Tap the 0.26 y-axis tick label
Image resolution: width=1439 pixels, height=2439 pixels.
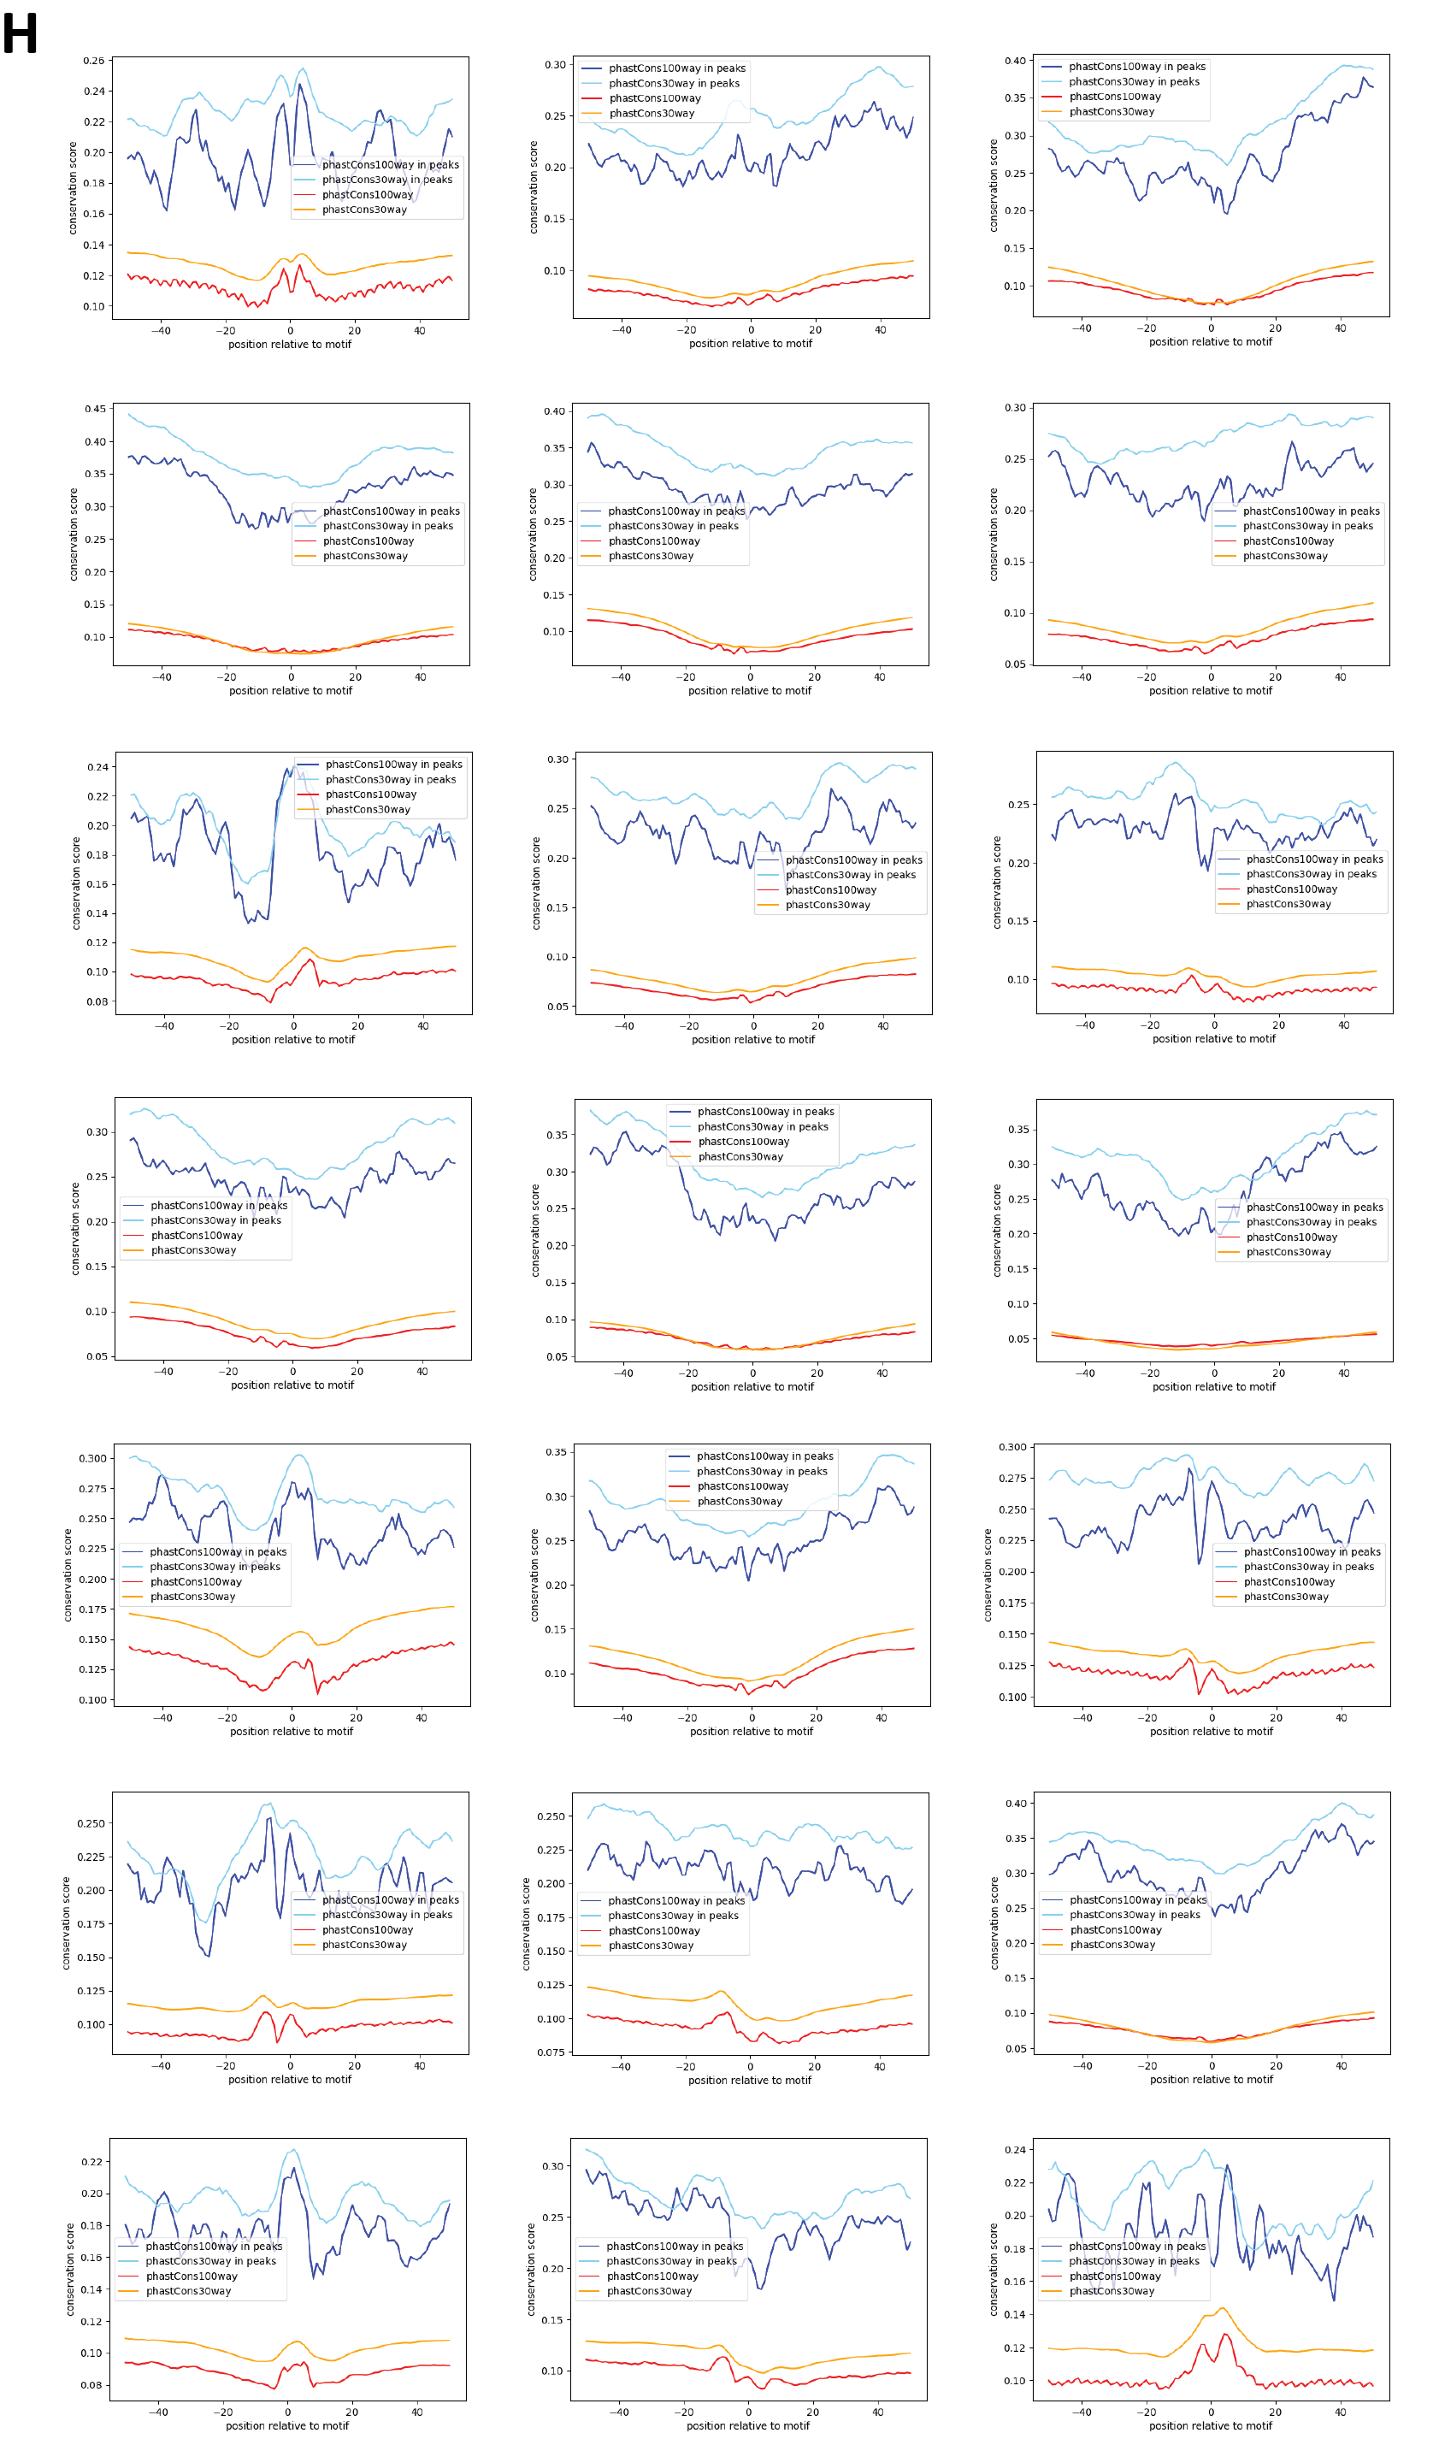93,61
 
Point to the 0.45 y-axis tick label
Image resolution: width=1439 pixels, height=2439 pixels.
94,410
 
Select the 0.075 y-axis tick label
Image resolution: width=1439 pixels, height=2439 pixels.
551,2052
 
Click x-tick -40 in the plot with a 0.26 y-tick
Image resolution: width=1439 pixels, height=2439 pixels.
161,331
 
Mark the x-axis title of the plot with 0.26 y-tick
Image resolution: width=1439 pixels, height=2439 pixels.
290,345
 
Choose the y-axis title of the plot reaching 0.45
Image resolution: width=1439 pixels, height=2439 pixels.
74,534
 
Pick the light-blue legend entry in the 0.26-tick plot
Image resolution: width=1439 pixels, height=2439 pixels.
387,180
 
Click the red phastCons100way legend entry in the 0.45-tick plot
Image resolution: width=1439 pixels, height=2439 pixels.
369,541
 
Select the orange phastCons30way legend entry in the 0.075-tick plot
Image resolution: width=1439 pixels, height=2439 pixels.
651,1946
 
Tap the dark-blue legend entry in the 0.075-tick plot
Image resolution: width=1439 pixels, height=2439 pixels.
675,1901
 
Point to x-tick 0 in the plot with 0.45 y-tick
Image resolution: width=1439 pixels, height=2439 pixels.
291,678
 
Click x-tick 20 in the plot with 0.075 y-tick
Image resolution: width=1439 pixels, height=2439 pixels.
815,2067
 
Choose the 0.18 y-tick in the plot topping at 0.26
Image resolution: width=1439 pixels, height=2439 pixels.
93,183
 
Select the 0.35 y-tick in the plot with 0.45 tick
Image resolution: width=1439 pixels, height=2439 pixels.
94,475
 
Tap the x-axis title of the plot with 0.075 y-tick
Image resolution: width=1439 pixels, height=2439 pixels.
750,2080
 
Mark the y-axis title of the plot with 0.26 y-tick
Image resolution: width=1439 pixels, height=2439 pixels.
73,188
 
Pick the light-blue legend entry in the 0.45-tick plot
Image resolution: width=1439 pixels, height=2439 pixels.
388,526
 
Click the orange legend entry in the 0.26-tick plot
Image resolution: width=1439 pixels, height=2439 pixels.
364,210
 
